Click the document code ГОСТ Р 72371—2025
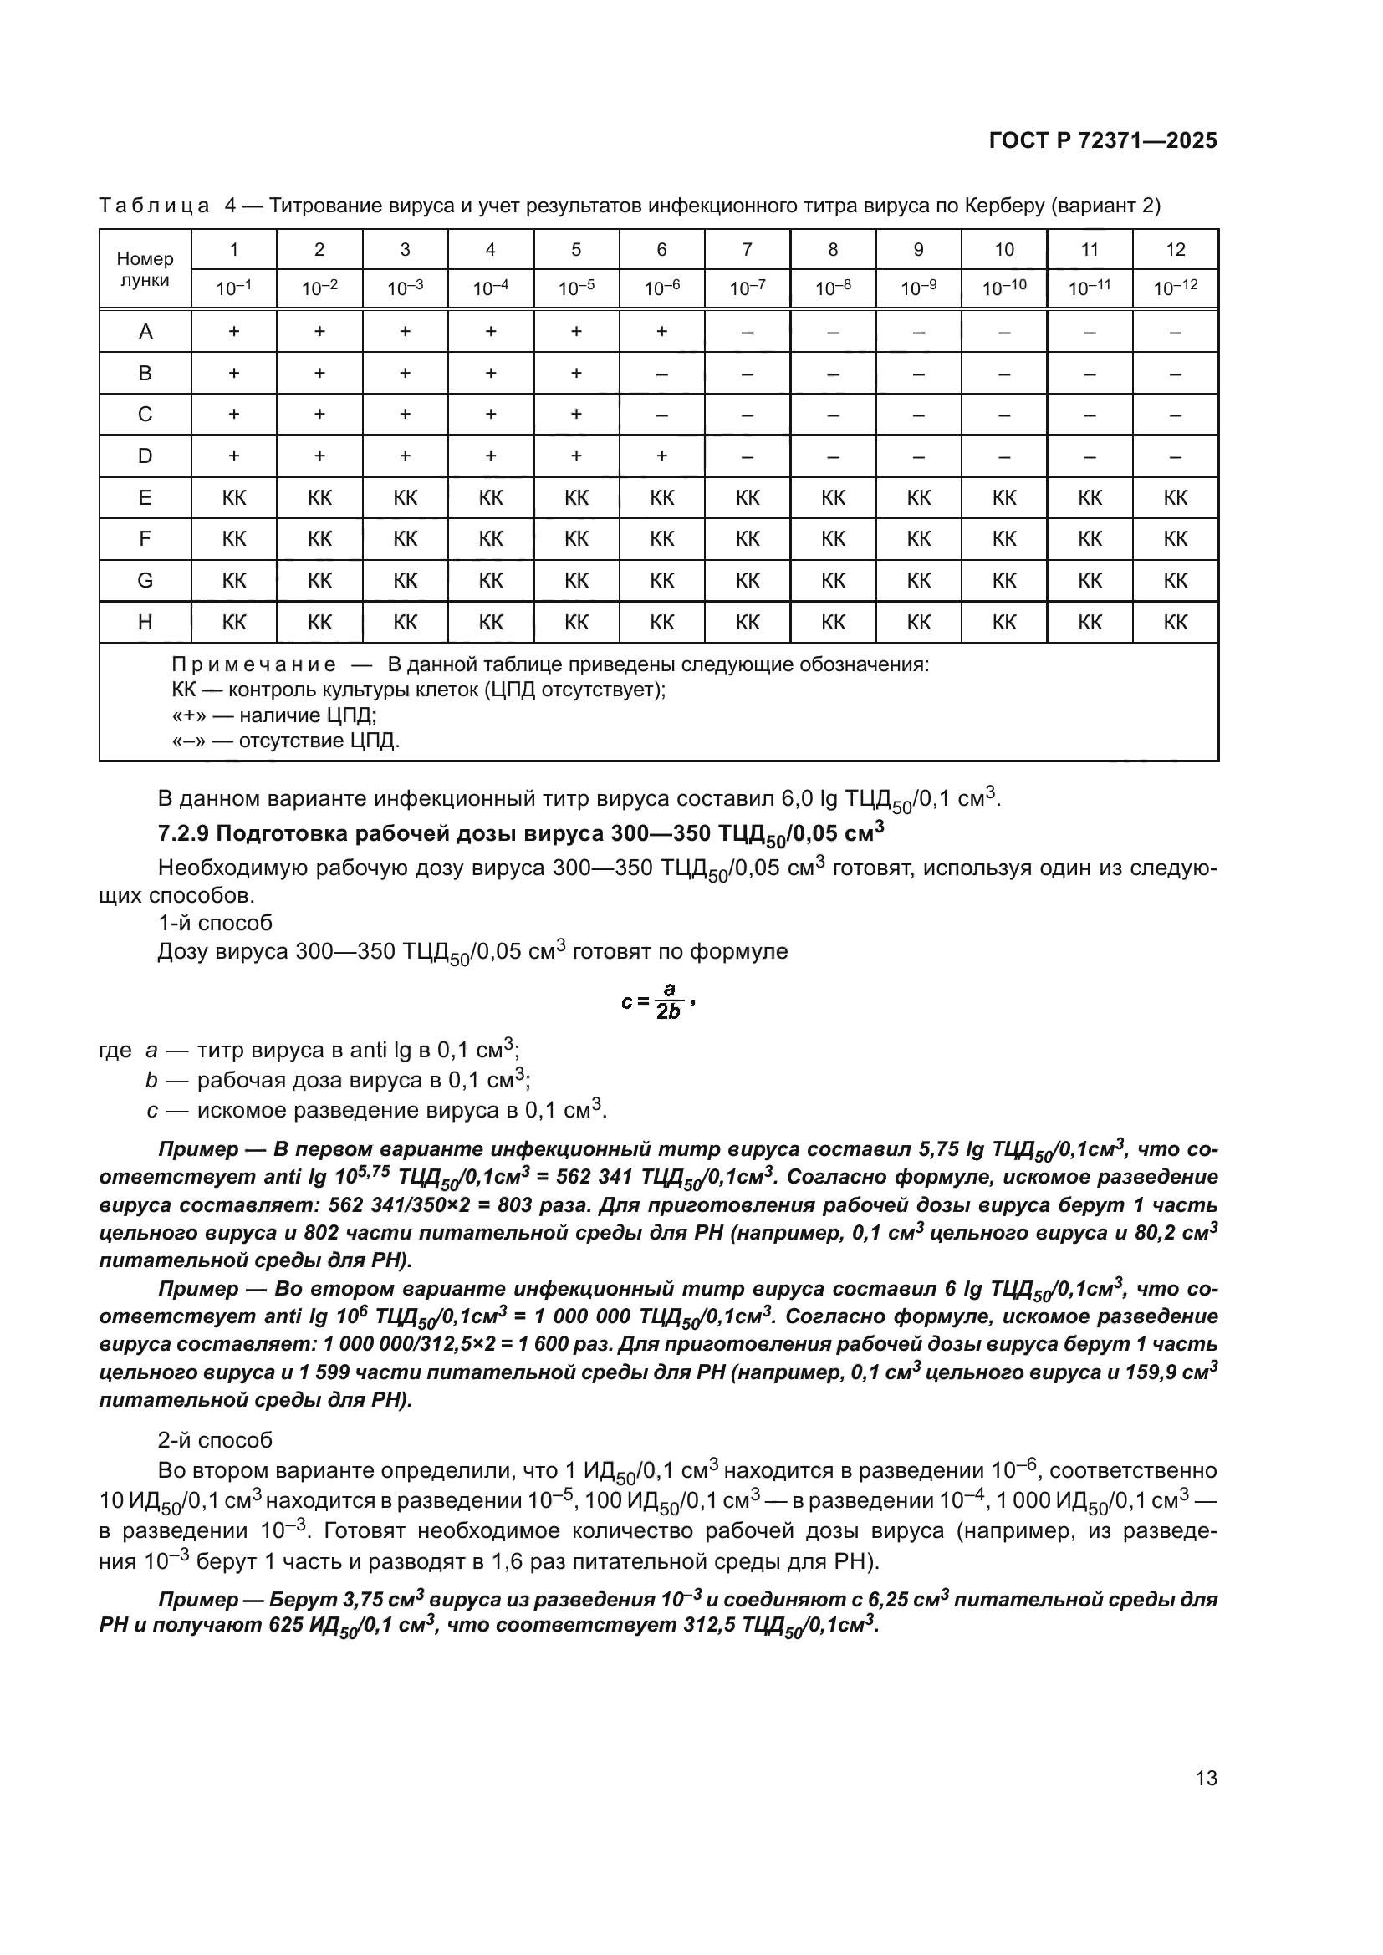pyautogui.click(x=1103, y=141)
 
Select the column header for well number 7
pyautogui.click(x=747, y=249)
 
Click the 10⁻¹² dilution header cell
pyautogui.click(x=1175, y=288)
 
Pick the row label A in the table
pyautogui.click(x=145, y=331)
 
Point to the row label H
pyautogui.click(x=145, y=623)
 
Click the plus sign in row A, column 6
pyautogui.click(x=661, y=331)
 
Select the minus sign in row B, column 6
pyautogui.click(x=661, y=373)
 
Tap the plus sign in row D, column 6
pyautogui.click(x=661, y=456)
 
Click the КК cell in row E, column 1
pyautogui.click(x=234, y=498)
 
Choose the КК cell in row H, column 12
pyautogui.click(x=1175, y=623)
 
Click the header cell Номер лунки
pyautogui.click(x=145, y=269)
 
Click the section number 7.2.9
pyautogui.click(x=185, y=833)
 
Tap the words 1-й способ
pyautogui.click(x=215, y=923)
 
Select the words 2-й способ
pyautogui.click(x=215, y=1440)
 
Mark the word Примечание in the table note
pyautogui.click(x=253, y=664)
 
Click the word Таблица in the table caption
pyautogui.click(x=154, y=206)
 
